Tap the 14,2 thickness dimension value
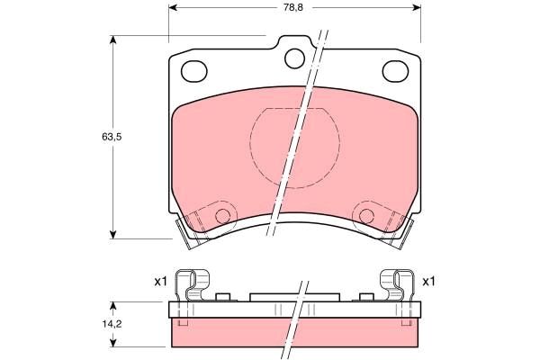[111, 321]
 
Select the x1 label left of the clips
[161, 282]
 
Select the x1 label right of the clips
[429, 282]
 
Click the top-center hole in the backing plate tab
[294, 58]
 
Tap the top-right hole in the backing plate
[393, 71]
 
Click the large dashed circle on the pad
[294, 145]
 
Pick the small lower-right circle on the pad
[365, 215]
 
